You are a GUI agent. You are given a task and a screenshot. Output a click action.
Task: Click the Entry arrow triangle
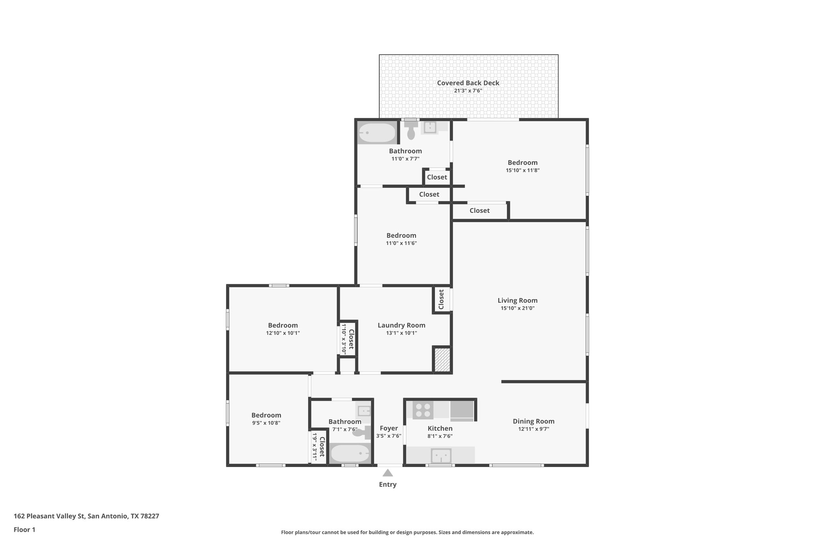point(388,473)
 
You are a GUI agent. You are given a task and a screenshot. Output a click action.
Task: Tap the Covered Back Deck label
point(468,83)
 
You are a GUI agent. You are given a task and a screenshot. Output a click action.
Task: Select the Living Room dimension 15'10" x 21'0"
point(517,308)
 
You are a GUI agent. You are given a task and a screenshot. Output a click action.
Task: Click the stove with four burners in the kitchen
point(423,410)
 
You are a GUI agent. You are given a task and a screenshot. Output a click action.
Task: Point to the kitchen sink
point(441,456)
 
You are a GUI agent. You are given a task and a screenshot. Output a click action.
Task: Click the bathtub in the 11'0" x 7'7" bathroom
point(376,133)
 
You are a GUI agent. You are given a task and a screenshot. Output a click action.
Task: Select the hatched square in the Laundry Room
point(442,360)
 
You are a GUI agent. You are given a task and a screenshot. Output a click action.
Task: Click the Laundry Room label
point(401,325)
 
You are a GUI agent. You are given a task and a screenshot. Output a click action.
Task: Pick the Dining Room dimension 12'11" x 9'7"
point(533,429)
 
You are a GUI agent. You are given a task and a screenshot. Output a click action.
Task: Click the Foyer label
point(388,428)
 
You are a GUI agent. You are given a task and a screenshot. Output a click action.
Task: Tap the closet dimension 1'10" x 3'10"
point(344,339)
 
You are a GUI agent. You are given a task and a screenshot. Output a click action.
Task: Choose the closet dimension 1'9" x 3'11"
point(314,447)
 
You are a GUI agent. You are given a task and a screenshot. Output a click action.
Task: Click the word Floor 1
point(24,529)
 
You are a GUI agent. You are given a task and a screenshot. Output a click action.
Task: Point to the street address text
point(86,516)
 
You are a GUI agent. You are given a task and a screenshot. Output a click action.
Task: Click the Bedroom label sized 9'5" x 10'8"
point(266,415)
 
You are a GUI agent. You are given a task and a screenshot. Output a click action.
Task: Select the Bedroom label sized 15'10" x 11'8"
point(522,162)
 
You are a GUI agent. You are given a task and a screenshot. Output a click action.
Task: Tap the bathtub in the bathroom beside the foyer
point(350,453)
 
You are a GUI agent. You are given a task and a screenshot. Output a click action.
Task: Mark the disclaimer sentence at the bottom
point(407,532)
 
